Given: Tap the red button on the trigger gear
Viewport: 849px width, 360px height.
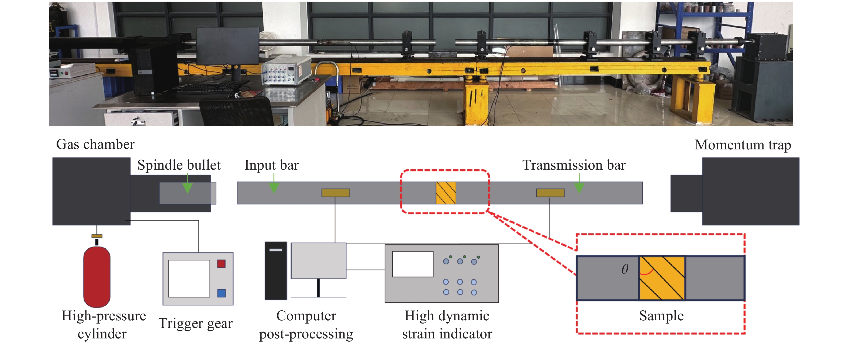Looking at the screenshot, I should [x=221, y=264].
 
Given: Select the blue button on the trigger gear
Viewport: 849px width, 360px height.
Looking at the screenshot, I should [x=221, y=293].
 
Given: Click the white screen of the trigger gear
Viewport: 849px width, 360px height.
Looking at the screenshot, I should [x=189, y=279].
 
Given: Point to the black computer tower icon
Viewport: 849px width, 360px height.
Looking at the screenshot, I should [x=275, y=271].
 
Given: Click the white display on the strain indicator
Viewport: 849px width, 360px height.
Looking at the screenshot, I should [x=413, y=264].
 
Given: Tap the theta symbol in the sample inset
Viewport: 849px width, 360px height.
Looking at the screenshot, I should [x=624, y=269].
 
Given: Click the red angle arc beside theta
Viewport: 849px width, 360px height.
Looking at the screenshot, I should [x=647, y=273].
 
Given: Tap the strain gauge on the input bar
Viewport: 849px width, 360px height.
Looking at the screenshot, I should [x=336, y=193].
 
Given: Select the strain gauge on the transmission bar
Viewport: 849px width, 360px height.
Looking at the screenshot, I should [x=550, y=193].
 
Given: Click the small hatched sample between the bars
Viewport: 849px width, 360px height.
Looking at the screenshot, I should [x=446, y=193].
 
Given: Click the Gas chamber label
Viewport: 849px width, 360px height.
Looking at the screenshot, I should [x=95, y=144].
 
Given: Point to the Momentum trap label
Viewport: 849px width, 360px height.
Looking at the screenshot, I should [x=743, y=145].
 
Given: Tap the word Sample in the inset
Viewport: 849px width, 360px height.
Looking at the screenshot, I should [x=661, y=316].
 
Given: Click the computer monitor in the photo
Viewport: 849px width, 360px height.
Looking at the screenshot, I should [x=227, y=46].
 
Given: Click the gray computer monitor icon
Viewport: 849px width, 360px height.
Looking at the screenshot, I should [x=318, y=260].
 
